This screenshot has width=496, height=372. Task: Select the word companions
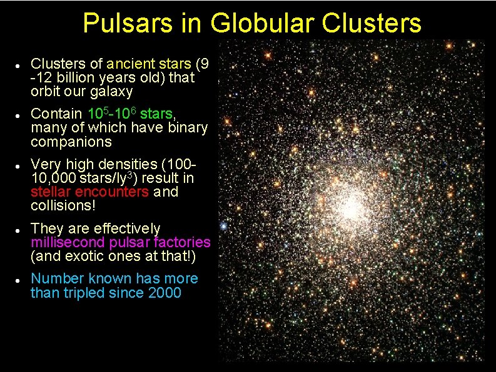(71, 142)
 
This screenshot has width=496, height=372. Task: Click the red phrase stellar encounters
(90, 192)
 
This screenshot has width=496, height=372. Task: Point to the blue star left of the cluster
(223, 224)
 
